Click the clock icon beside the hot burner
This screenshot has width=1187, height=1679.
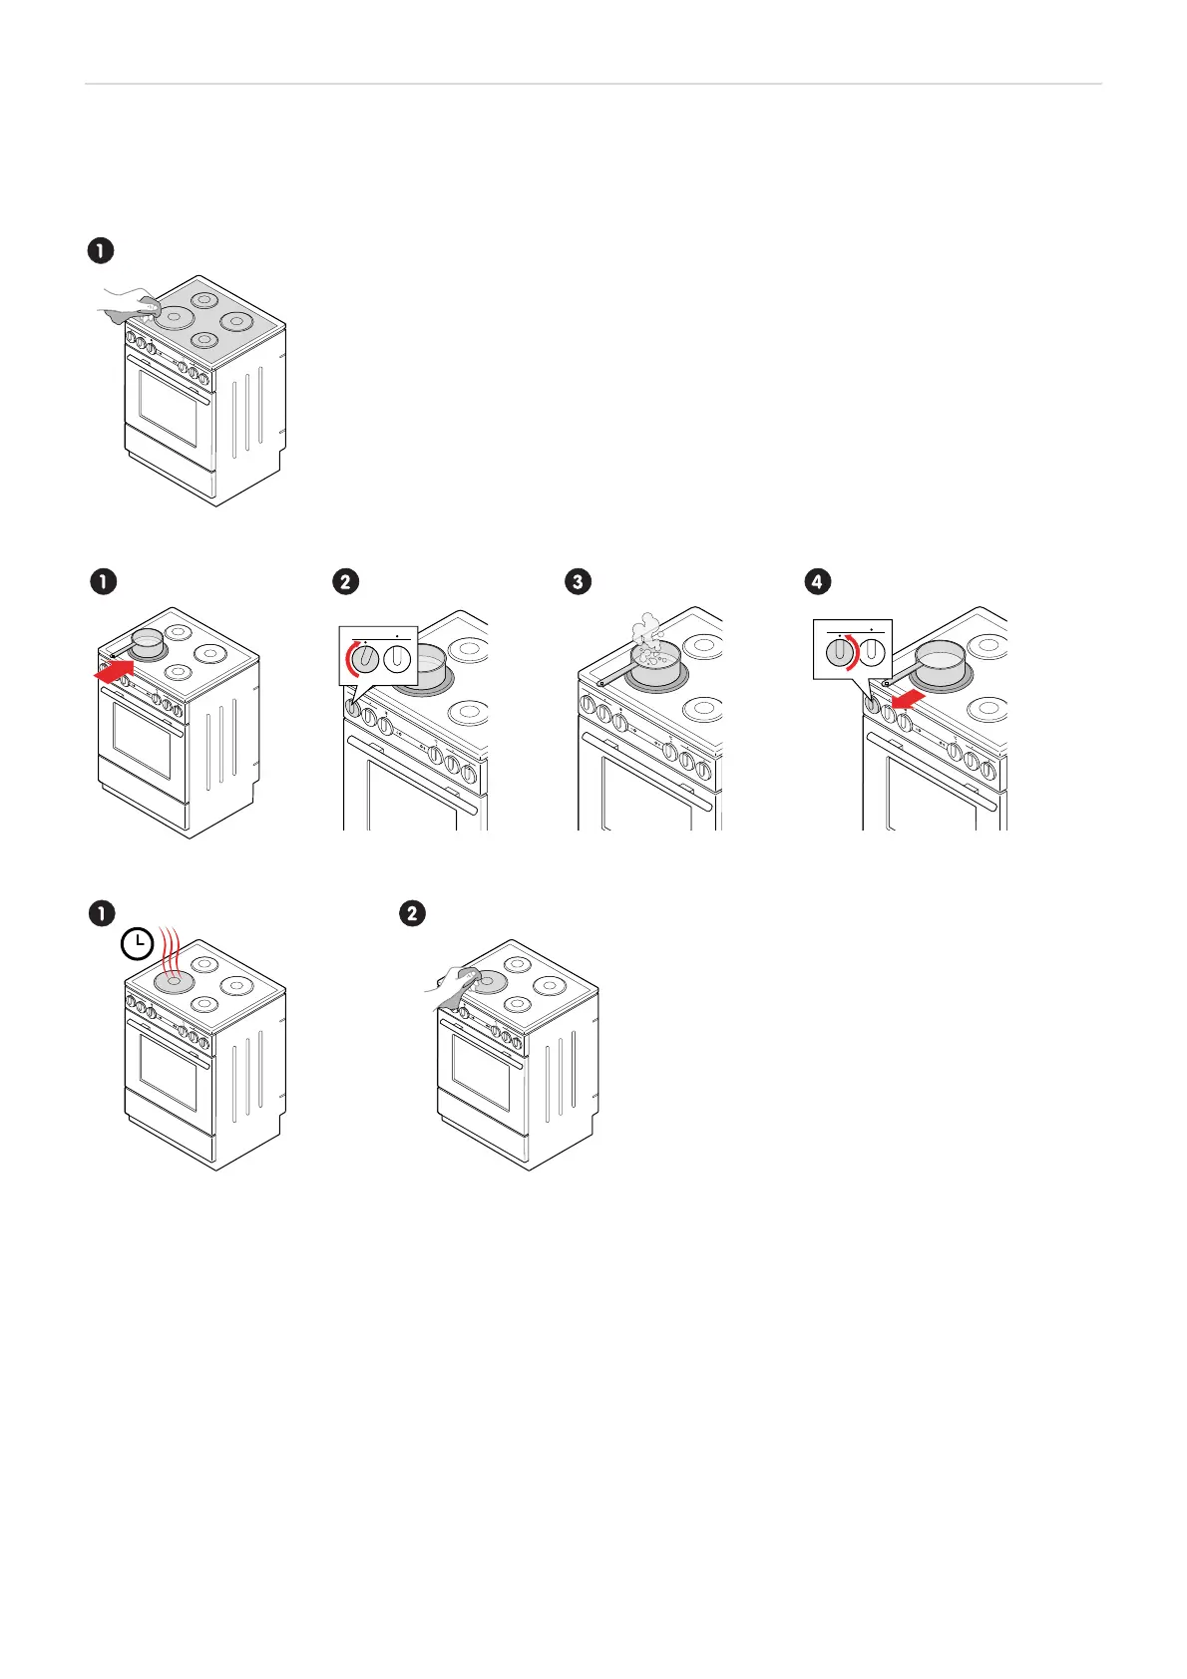138,944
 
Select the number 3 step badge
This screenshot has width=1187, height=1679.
579,581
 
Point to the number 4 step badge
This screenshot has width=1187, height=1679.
818,581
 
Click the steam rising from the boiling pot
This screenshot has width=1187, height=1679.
646,632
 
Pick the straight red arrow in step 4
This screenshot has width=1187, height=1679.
908,702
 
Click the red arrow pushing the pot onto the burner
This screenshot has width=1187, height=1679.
114,672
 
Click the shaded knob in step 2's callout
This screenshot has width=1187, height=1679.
366,658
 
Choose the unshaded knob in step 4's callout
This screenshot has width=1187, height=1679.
873,652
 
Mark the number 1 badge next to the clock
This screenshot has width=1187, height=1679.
100,913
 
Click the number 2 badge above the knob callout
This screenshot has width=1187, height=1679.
345,581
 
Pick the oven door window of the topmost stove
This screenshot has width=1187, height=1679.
168,409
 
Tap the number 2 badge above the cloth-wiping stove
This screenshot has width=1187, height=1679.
411,913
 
